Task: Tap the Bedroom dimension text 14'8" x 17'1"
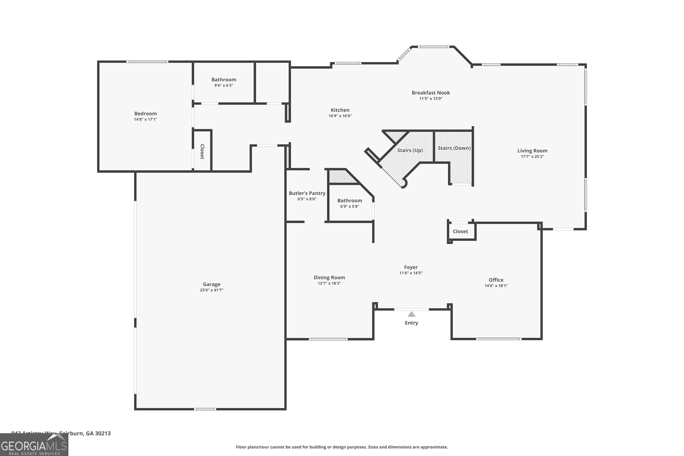(145, 119)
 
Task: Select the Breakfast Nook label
(431, 93)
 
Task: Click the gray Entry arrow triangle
(411, 314)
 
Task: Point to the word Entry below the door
(411, 323)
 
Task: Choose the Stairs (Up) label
(410, 150)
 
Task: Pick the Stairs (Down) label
(454, 148)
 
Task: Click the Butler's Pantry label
(307, 193)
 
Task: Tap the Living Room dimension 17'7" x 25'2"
(532, 156)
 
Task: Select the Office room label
(496, 280)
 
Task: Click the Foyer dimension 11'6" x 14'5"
(411, 273)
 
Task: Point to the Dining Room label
(329, 277)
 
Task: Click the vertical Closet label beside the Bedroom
(202, 152)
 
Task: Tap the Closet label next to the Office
(460, 231)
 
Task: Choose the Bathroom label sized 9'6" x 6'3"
(224, 79)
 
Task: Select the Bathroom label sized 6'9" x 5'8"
(350, 200)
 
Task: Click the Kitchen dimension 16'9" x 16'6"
(340, 116)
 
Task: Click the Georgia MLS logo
(34, 445)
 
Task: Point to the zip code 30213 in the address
(103, 433)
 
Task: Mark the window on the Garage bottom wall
(205, 409)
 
